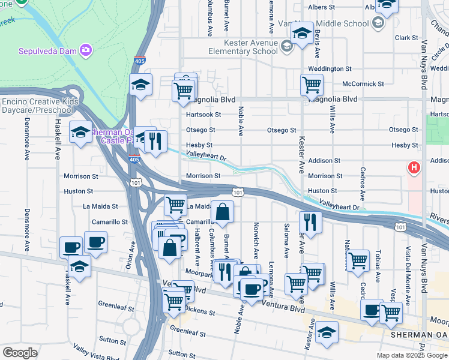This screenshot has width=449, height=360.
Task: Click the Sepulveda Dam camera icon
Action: click(x=86, y=49)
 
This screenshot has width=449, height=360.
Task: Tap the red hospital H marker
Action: click(x=414, y=168)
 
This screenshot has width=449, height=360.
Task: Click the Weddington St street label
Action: click(x=330, y=69)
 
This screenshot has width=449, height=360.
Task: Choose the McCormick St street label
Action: click(x=363, y=84)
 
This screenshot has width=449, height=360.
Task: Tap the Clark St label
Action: click(x=406, y=38)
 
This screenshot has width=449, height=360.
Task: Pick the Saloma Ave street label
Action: click(x=286, y=235)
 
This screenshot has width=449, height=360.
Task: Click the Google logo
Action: click(x=20, y=353)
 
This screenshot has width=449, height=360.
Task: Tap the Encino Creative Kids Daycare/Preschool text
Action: click(x=40, y=106)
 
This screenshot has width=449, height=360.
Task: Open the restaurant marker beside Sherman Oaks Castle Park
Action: click(x=155, y=143)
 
